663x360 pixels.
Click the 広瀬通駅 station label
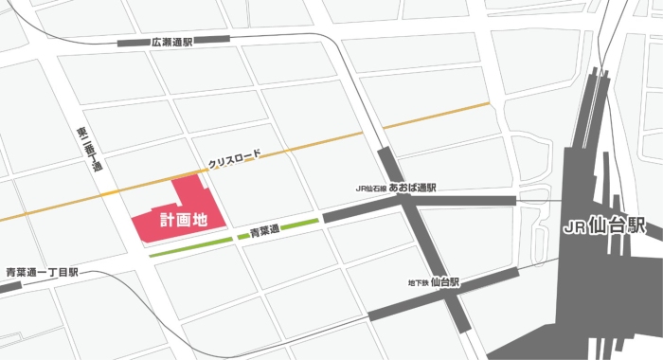(x=170, y=43)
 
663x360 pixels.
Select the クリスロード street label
(x=234, y=157)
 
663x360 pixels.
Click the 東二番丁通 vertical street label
(x=88, y=150)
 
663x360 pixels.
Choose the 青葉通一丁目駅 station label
(x=41, y=273)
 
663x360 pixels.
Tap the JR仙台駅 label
(x=602, y=227)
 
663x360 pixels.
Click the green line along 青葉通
(x=189, y=245)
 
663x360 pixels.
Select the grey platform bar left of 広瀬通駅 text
(x=131, y=43)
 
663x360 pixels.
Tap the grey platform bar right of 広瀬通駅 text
(x=215, y=39)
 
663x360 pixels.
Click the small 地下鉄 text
(x=417, y=282)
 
